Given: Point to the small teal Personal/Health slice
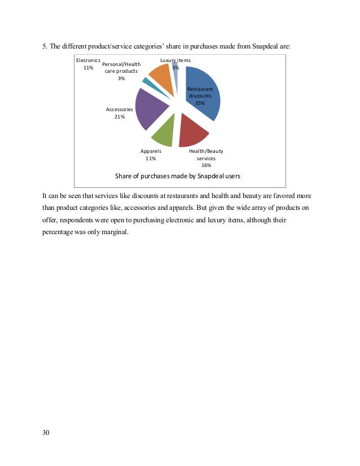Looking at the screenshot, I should click(146, 82).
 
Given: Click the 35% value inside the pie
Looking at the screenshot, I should click(200, 103).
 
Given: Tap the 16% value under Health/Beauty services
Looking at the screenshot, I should click(206, 165).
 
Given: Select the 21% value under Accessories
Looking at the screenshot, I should click(119, 117).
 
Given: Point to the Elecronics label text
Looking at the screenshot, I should click(88, 60).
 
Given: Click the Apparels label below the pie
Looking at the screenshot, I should click(151, 151).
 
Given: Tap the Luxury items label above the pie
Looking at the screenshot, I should click(175, 60).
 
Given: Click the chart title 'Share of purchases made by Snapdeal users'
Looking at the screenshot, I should click(178, 176).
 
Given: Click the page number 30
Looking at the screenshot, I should click(46, 433).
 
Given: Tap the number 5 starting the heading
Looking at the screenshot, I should click(44, 46).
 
